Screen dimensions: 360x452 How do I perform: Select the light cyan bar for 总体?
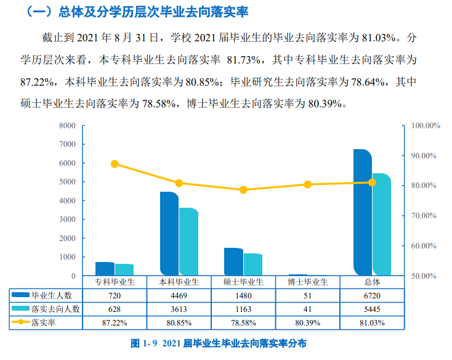(382, 225)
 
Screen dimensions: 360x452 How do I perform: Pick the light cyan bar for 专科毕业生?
(124, 270)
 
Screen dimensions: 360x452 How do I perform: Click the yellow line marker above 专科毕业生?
(115, 164)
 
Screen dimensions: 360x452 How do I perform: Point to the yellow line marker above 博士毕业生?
(308, 184)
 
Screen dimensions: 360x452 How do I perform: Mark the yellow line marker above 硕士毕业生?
(243, 190)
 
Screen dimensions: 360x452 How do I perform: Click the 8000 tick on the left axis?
(67, 126)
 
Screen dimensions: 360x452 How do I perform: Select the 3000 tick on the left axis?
(67, 219)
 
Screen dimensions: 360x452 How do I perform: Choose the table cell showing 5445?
(373, 309)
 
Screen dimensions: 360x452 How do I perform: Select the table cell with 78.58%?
(243, 322)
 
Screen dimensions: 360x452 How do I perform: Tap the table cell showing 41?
(308, 309)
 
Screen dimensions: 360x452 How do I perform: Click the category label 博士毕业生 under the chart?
(308, 282)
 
